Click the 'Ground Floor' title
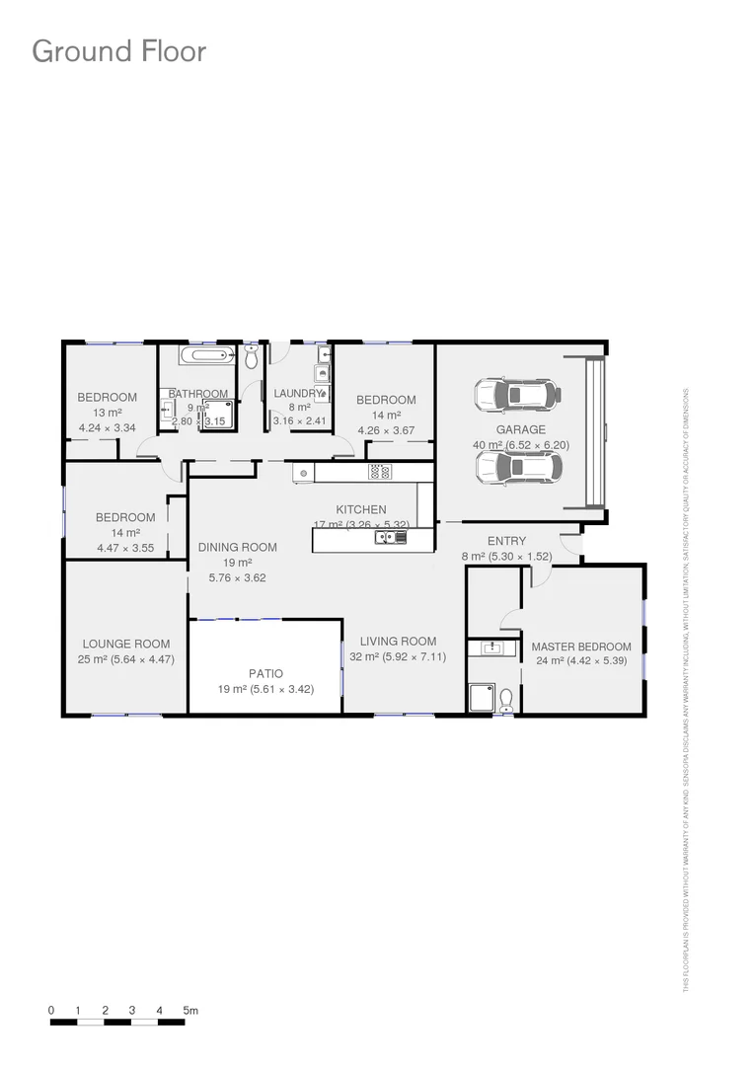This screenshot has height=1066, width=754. (119, 51)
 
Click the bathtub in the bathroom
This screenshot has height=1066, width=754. (207, 356)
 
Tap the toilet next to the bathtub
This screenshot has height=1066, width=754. (251, 352)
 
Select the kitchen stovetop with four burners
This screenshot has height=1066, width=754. (380, 473)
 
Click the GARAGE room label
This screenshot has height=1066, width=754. (520, 429)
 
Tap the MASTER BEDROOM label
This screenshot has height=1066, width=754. (580, 647)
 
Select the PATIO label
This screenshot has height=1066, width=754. (265, 673)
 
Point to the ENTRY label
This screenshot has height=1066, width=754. (506, 541)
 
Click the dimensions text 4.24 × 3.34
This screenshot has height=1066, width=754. (107, 428)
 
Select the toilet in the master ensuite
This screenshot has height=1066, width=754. (506, 700)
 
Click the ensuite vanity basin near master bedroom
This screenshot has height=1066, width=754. (492, 648)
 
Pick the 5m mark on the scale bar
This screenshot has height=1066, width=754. (190, 1011)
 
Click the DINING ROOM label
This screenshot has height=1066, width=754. (237, 547)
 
